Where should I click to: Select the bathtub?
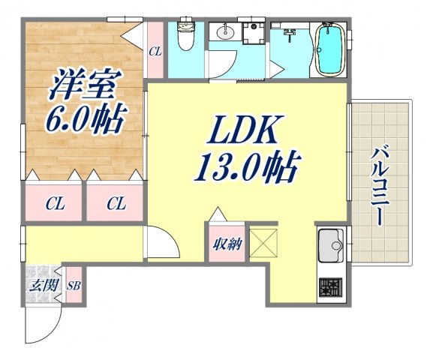[327, 49]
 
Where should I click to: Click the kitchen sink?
[330, 245]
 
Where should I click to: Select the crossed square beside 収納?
[263, 241]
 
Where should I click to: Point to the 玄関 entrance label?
[40, 286]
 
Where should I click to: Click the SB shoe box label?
[74, 286]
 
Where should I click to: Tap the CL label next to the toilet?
[155, 51]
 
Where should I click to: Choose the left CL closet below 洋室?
[54, 203]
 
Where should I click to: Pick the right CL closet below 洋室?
[115, 203]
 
